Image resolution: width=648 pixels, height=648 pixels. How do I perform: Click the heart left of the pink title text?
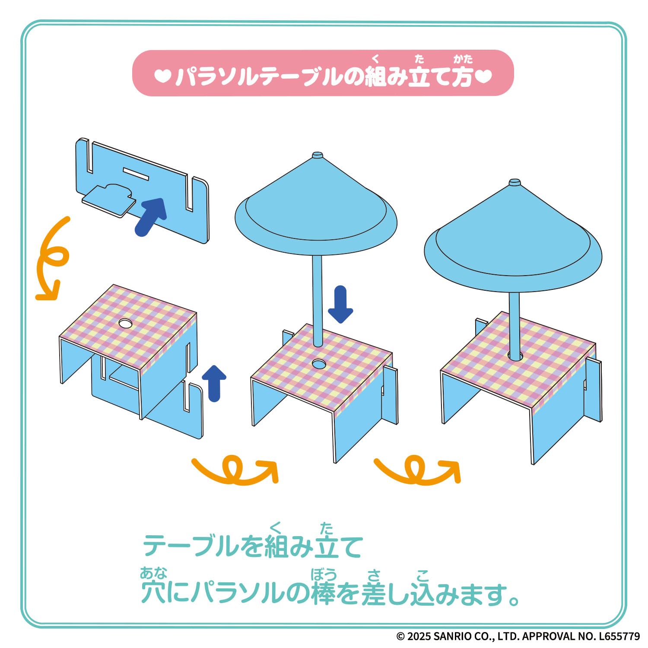[163, 76]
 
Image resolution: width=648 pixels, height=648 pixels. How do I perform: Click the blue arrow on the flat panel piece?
[150, 217]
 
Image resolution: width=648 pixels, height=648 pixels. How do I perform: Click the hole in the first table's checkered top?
[125, 323]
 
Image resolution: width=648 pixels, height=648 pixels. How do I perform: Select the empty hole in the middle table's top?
[319, 364]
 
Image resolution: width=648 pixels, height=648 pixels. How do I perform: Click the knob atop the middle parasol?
[318, 155]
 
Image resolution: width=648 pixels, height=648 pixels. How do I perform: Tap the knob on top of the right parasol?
[514, 182]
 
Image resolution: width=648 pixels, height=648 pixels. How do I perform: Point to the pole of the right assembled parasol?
[514, 324]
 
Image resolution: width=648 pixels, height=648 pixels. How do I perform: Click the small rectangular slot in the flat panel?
[136, 174]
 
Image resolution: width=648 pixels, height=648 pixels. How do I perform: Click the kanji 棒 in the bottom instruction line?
[323, 592]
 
